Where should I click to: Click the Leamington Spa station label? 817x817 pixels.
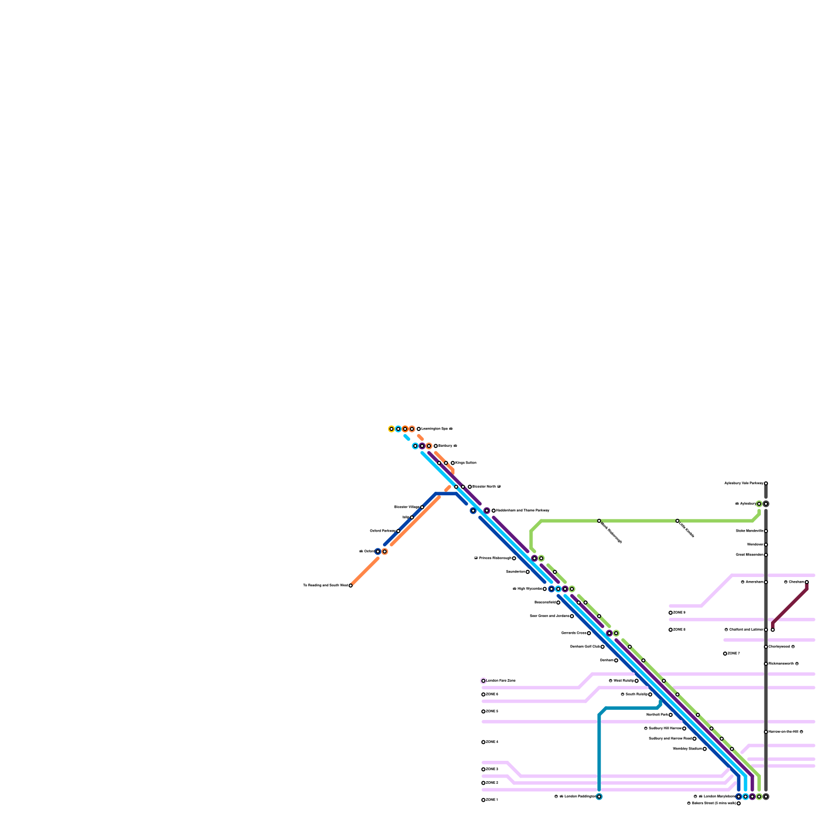pyautogui.click(x=437, y=429)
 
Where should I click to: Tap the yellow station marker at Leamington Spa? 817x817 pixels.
pyautogui.click(x=391, y=429)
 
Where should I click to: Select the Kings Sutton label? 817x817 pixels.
pyautogui.click(x=466, y=463)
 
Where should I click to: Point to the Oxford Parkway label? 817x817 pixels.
pyautogui.click(x=382, y=531)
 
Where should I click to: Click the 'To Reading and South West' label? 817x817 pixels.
pyautogui.click(x=325, y=586)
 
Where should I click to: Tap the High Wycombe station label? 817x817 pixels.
pyautogui.click(x=530, y=589)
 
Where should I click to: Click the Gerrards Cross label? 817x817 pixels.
pyautogui.click(x=573, y=633)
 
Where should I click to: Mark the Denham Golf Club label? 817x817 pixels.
pyautogui.click(x=585, y=647)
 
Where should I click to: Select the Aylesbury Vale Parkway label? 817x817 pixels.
pyautogui.click(x=743, y=483)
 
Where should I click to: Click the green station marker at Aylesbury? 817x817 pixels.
pyautogui.click(x=759, y=504)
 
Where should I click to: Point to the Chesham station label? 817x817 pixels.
pyautogui.click(x=796, y=582)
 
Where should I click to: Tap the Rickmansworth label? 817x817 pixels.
pyautogui.click(x=781, y=664)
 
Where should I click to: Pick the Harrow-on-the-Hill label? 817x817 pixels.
pyautogui.click(x=783, y=732)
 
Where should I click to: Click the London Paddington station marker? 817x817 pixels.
pyautogui.click(x=599, y=797)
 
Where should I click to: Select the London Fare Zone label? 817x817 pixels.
pyautogui.click(x=501, y=681)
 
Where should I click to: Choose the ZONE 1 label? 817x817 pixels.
pyautogui.click(x=492, y=800)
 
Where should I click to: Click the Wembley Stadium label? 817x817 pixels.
pyautogui.click(x=687, y=749)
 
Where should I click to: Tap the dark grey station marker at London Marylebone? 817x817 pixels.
pyautogui.click(x=766, y=797)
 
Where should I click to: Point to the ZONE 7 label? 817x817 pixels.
pyautogui.click(x=734, y=654)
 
